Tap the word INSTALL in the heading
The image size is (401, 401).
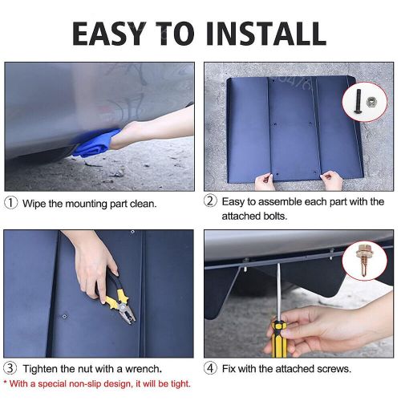tap(266, 33)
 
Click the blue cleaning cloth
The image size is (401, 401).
tap(95, 143)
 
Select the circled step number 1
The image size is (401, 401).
tap(11, 203)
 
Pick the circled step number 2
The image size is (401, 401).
tap(210, 200)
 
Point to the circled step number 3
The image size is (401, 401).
tap(10, 368)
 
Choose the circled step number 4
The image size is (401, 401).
tap(210, 368)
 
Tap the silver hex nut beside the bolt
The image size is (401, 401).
tap(371, 101)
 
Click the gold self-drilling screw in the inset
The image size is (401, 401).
tap(364, 260)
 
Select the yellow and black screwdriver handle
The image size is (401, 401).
tap(278, 339)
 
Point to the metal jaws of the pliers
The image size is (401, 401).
tap(127, 312)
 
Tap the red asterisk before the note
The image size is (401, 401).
tap(6, 382)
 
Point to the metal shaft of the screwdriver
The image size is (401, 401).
tap(278, 292)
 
